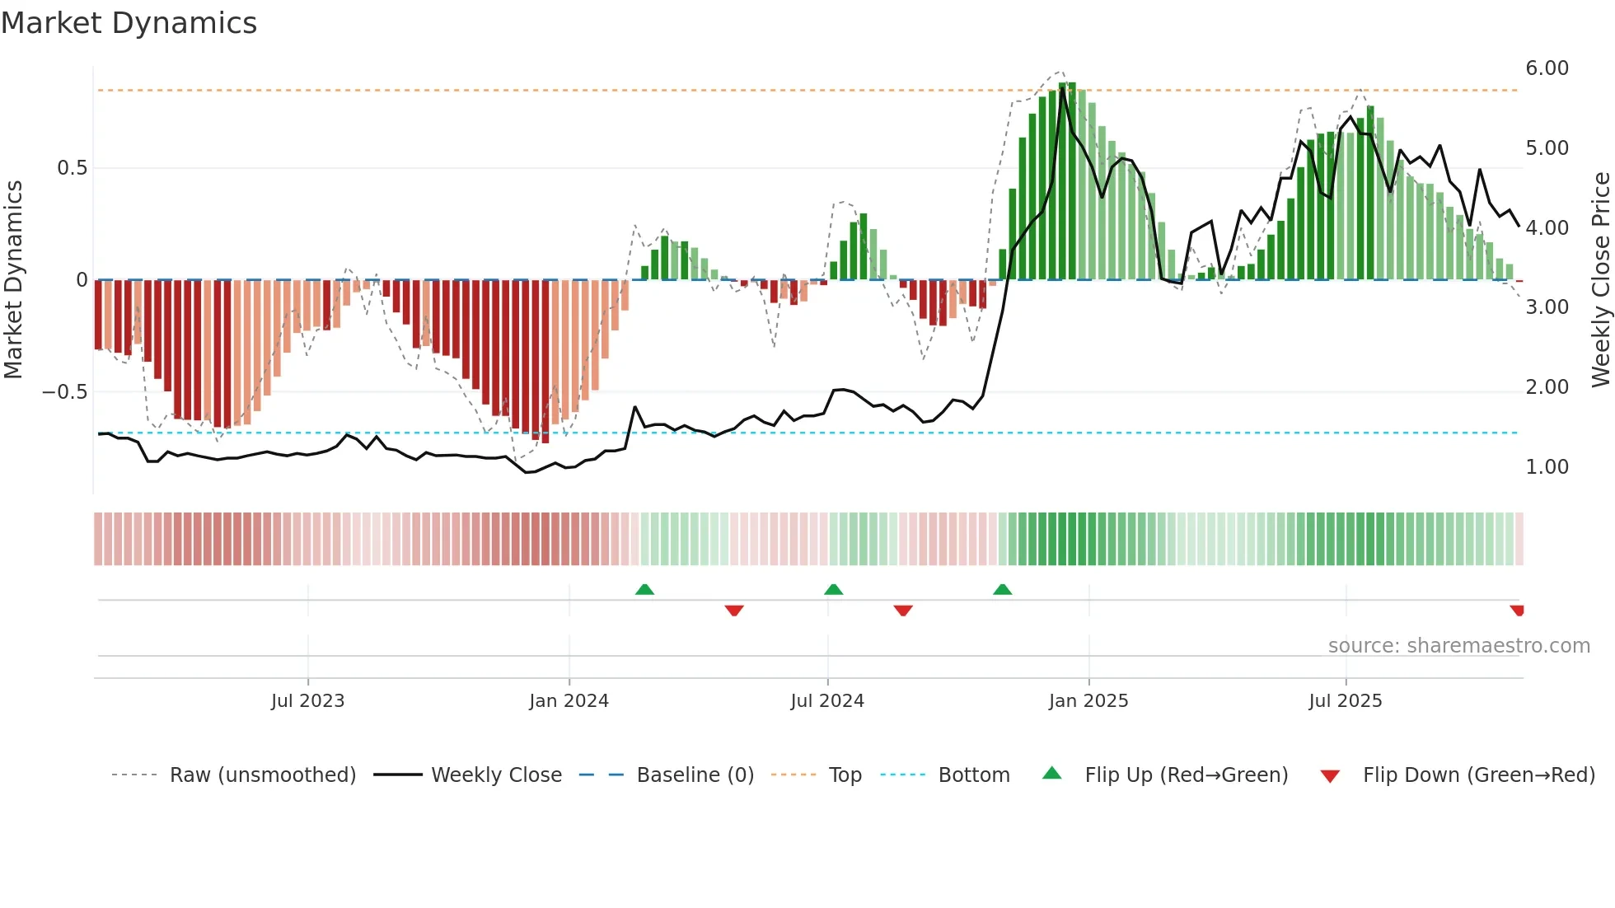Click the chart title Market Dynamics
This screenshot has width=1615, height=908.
pos(129,23)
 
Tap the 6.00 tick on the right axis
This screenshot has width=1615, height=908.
pos(1547,68)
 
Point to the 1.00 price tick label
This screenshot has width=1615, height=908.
pos(1547,467)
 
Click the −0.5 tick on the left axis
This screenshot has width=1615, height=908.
pos(65,392)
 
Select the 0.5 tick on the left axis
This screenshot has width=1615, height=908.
pos(72,168)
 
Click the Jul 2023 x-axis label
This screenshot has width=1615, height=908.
pos(307,701)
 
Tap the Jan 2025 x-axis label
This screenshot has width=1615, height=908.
pos(1088,701)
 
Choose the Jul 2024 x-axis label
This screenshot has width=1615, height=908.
pos(826,701)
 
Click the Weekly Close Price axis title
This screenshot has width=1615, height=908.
pos(1600,280)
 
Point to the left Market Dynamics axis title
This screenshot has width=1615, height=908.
pos(13,280)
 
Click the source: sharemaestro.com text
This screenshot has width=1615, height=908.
pos(1458,646)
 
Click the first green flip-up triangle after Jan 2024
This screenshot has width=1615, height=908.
pos(644,590)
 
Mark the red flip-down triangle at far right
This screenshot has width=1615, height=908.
pos(1517,611)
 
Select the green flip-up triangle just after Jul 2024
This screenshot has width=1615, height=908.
pos(833,590)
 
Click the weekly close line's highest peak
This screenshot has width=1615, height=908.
pos(1063,87)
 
